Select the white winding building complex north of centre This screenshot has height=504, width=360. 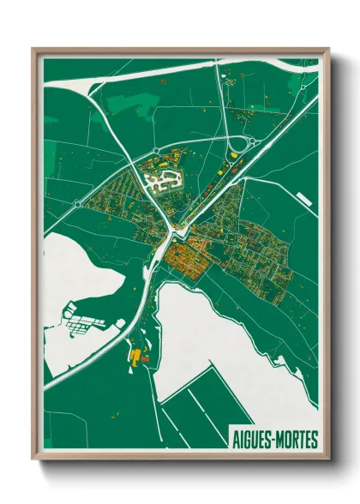pyautogui.click(x=160, y=181)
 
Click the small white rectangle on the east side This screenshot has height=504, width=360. pyautogui.click(x=303, y=199)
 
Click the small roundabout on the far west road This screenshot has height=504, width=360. pyautogui.click(x=78, y=204)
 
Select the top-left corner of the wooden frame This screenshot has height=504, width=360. pyautogui.click(x=34, y=50)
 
